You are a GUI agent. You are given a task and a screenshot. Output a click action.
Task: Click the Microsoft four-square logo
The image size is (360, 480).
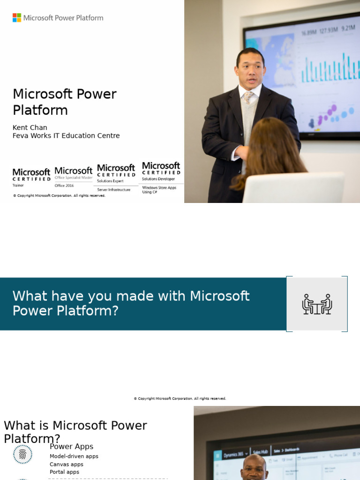(x=17, y=18)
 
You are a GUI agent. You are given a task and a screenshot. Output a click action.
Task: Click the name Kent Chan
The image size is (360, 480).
(x=30, y=127)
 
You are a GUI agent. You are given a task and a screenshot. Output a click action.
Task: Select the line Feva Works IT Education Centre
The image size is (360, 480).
(x=66, y=136)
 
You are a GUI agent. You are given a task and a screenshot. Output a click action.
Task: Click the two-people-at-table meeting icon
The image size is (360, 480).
(x=317, y=304)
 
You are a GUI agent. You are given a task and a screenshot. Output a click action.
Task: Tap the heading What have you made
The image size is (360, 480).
(x=131, y=303)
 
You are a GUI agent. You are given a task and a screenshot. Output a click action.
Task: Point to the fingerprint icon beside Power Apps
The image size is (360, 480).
(x=22, y=454)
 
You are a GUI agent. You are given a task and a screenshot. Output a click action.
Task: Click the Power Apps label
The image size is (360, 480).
(x=71, y=447)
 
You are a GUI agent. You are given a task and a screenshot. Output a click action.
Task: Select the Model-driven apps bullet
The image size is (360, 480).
(x=74, y=456)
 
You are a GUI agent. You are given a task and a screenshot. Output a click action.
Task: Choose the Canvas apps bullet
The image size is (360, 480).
(x=67, y=464)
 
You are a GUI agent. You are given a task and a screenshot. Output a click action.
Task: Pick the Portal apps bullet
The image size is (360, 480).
(x=64, y=472)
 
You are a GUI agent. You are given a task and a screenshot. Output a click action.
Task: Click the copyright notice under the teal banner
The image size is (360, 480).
(x=180, y=398)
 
